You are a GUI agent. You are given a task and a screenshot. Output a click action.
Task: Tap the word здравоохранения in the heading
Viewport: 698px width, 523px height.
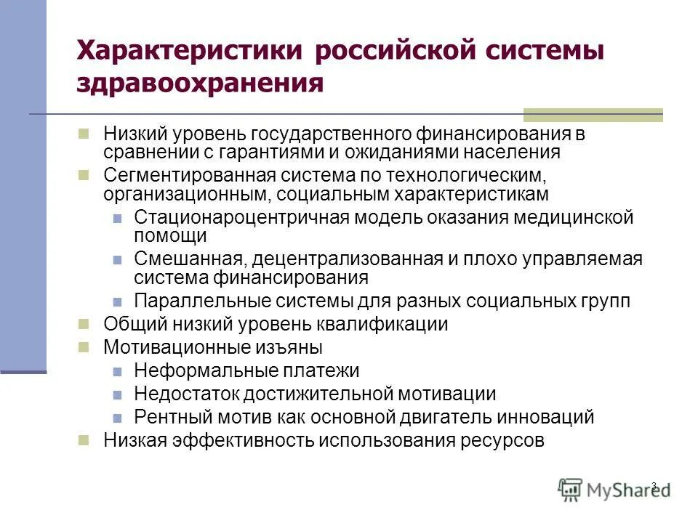coord(200,82)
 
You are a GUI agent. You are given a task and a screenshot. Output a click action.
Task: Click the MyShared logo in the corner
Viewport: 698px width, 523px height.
coord(614,489)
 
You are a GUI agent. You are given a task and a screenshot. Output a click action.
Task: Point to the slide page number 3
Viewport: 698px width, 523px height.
coord(654,485)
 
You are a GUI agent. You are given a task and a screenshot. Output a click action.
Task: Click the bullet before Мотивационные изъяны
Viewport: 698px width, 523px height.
coord(84,346)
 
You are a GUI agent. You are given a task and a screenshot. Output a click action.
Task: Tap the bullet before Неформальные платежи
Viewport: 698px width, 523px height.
coord(117,370)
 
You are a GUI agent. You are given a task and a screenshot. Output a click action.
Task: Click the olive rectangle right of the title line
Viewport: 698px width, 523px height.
coord(593,115)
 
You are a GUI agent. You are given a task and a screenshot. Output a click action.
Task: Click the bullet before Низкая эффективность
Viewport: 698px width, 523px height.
coord(84,439)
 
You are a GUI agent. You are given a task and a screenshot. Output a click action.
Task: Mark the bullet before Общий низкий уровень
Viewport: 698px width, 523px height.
coord(84,323)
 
